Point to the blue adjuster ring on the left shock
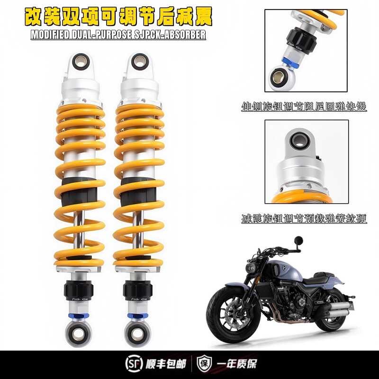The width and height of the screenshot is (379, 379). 79,314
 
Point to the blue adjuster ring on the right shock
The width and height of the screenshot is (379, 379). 137,314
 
